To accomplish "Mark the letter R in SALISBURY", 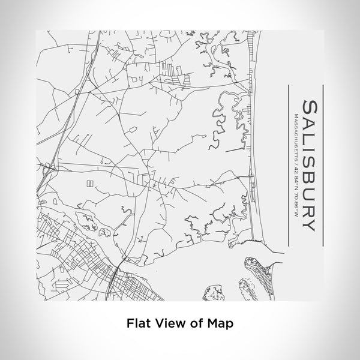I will coord(310,209).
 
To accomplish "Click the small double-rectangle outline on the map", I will coord(90,184).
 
